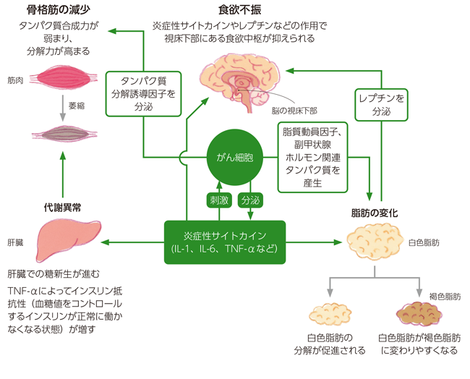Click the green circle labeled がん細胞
234,158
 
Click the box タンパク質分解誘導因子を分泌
142,93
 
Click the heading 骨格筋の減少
59,10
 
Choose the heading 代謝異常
61,207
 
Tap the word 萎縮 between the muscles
77,105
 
